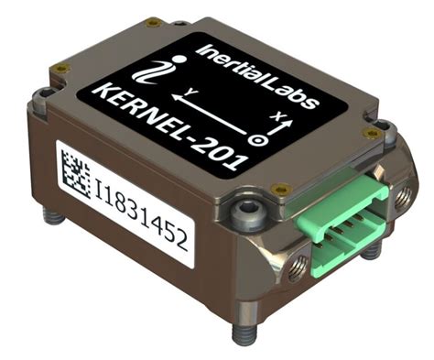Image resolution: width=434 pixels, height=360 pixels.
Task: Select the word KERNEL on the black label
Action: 143,110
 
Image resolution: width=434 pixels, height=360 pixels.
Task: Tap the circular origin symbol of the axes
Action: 260,141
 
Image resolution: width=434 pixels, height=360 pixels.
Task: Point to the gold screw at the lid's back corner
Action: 153,22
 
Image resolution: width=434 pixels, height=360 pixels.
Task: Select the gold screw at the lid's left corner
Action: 62,70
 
